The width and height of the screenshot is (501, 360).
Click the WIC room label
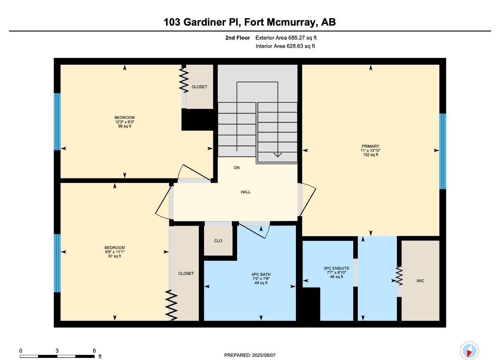click(420, 281)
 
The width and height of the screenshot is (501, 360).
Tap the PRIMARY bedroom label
click(370, 146)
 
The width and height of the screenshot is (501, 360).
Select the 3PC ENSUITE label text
click(336, 268)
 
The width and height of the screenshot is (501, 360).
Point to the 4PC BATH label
click(261, 275)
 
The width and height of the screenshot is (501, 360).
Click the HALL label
click(246, 192)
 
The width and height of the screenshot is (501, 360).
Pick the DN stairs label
click(237, 168)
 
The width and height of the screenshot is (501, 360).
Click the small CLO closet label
click(218, 241)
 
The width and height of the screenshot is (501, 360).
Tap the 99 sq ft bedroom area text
click(125, 126)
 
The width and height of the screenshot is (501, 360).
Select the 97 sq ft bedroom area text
click(115, 256)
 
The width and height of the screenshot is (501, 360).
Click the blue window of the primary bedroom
click(443, 151)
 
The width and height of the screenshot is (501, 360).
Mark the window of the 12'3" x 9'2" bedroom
click(57, 122)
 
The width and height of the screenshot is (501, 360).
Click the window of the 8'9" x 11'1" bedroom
click(57, 263)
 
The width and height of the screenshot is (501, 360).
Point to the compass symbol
click(469, 351)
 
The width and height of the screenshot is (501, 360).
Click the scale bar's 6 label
click(94, 351)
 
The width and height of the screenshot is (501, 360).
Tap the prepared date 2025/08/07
click(264, 355)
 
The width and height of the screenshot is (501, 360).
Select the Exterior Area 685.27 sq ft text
click(286, 38)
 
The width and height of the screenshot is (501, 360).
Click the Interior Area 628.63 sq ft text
click(285, 46)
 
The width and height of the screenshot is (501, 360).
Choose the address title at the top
click(249, 22)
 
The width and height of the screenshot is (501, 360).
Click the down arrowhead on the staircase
click(278, 155)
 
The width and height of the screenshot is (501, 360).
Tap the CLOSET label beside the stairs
click(199, 87)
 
